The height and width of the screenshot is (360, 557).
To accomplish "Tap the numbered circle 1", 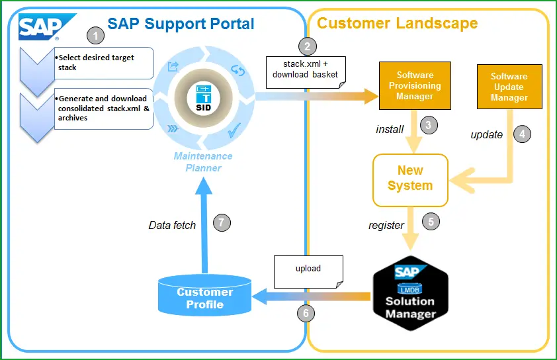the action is click(x=95, y=36).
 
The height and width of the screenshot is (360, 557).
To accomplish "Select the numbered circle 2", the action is click(x=307, y=46).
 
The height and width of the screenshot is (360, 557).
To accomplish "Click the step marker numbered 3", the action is click(x=429, y=125).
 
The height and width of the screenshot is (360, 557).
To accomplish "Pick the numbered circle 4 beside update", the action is click(x=522, y=134).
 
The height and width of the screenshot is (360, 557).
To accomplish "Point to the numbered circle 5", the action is click(x=431, y=222).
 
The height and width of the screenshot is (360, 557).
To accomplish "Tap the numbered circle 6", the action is click(x=306, y=313).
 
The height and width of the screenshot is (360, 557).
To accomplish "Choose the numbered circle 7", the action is click(x=222, y=223).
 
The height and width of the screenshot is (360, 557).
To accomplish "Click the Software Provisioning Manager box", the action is click(x=415, y=85).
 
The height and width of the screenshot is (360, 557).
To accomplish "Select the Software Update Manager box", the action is click(x=509, y=87).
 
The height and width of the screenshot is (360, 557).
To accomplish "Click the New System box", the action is click(x=410, y=180).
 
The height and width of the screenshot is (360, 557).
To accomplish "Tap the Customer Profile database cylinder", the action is click(x=204, y=295).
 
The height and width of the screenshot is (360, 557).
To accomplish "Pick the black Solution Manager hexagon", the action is click(x=411, y=294).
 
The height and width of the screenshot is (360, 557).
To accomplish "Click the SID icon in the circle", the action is click(x=204, y=99).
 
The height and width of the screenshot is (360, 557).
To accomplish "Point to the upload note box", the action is click(x=308, y=272).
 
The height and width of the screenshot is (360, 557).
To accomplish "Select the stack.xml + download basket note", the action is click(x=306, y=72).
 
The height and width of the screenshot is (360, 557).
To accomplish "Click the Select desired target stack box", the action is click(x=104, y=63).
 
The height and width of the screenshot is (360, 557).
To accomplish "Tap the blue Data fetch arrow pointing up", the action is click(x=204, y=225).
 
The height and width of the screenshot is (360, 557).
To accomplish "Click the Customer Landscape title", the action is click(x=397, y=23).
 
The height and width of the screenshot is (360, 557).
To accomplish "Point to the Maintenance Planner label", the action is click(x=203, y=162).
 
